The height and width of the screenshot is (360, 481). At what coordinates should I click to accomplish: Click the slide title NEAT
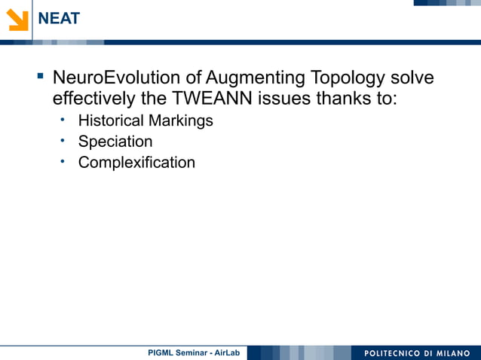click(x=59, y=19)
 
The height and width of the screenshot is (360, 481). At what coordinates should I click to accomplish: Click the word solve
click(x=412, y=78)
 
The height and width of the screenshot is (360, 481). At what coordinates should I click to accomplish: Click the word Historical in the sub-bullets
click(x=111, y=121)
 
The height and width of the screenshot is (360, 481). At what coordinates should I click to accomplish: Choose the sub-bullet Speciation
click(x=115, y=142)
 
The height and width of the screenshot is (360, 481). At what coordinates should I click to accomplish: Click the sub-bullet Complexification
click(x=136, y=163)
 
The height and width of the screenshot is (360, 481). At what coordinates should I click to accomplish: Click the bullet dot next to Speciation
click(x=65, y=140)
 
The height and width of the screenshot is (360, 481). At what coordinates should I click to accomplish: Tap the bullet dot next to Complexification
click(x=65, y=161)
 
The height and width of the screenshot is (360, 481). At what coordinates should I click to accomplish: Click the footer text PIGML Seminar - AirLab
click(x=194, y=352)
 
